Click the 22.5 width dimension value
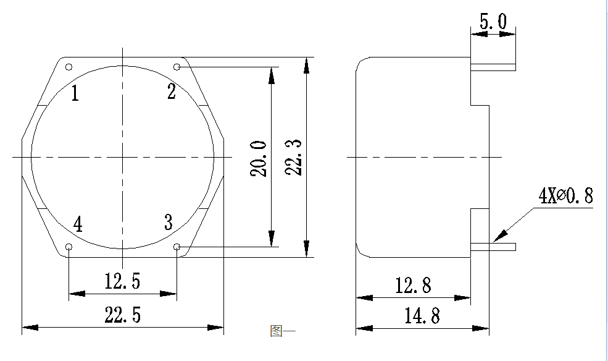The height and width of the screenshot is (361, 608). pyautogui.click(x=123, y=315)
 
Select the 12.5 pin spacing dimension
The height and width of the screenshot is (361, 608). pyautogui.click(x=122, y=282)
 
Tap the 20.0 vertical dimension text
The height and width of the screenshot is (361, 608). pyautogui.click(x=260, y=158)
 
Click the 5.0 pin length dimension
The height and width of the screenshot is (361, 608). pyautogui.click(x=493, y=22)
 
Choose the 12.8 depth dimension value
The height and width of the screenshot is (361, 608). pyautogui.click(x=413, y=286)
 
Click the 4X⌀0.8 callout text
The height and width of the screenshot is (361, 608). pyautogui.click(x=565, y=197)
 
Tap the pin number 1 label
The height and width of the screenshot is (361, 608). pyautogui.click(x=75, y=94)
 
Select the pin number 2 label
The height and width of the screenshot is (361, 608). pyautogui.click(x=172, y=92)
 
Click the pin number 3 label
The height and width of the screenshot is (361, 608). pyautogui.click(x=169, y=223)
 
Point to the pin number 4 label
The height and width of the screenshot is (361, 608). pyautogui.click(x=77, y=224)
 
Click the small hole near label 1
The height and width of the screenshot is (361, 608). pyautogui.click(x=69, y=67)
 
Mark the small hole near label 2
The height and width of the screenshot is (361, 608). pyautogui.click(x=177, y=67)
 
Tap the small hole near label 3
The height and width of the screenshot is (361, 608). pyautogui.click(x=177, y=247)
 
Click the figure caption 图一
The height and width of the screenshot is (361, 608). pyautogui.click(x=282, y=331)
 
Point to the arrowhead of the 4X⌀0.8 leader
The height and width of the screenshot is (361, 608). pyautogui.click(x=499, y=237)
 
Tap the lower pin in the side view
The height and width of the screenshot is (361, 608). pyautogui.click(x=493, y=247)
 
